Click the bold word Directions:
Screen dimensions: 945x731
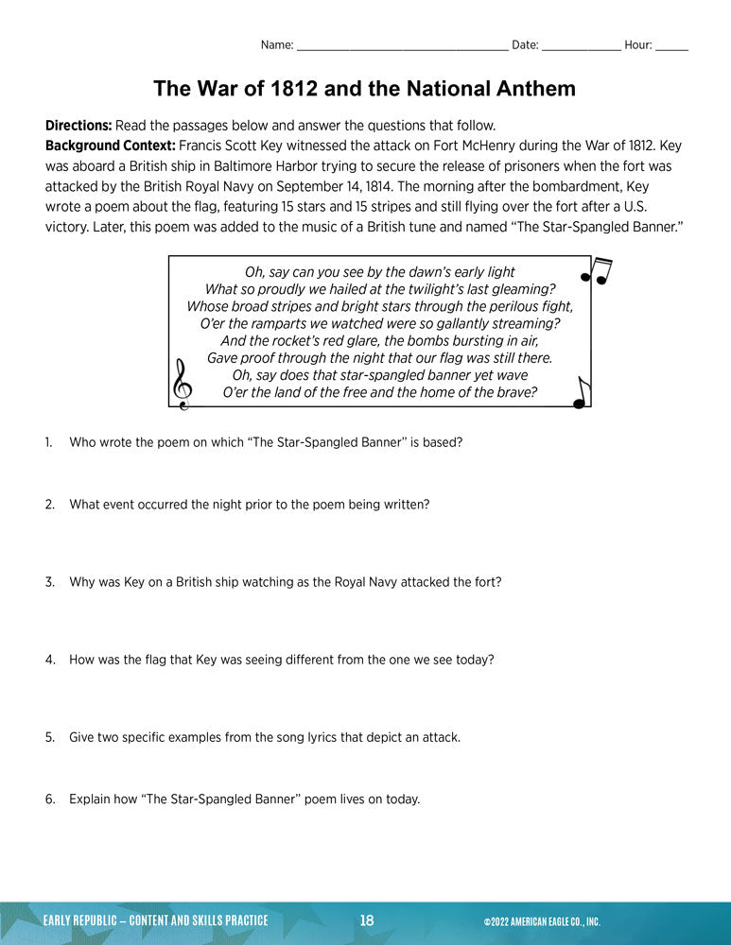click(78, 126)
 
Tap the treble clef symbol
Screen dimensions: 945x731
click(181, 384)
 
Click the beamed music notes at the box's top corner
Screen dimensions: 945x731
click(597, 271)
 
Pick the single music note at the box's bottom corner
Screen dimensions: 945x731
click(581, 392)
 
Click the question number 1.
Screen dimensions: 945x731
click(48, 442)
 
